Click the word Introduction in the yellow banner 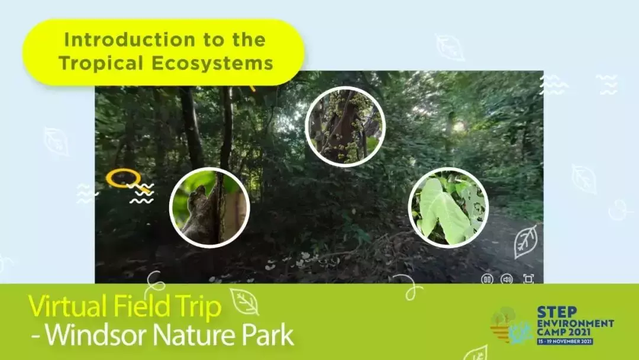(x=130, y=40)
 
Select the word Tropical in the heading (x=101, y=63)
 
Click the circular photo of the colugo (x=209, y=207)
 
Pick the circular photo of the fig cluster (x=345, y=127)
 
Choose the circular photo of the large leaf (x=448, y=207)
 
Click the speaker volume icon (x=506, y=279)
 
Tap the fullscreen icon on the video (x=528, y=279)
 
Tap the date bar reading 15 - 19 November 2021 (x=565, y=341)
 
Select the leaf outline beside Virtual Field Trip (x=245, y=302)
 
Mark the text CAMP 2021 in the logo (x=564, y=332)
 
